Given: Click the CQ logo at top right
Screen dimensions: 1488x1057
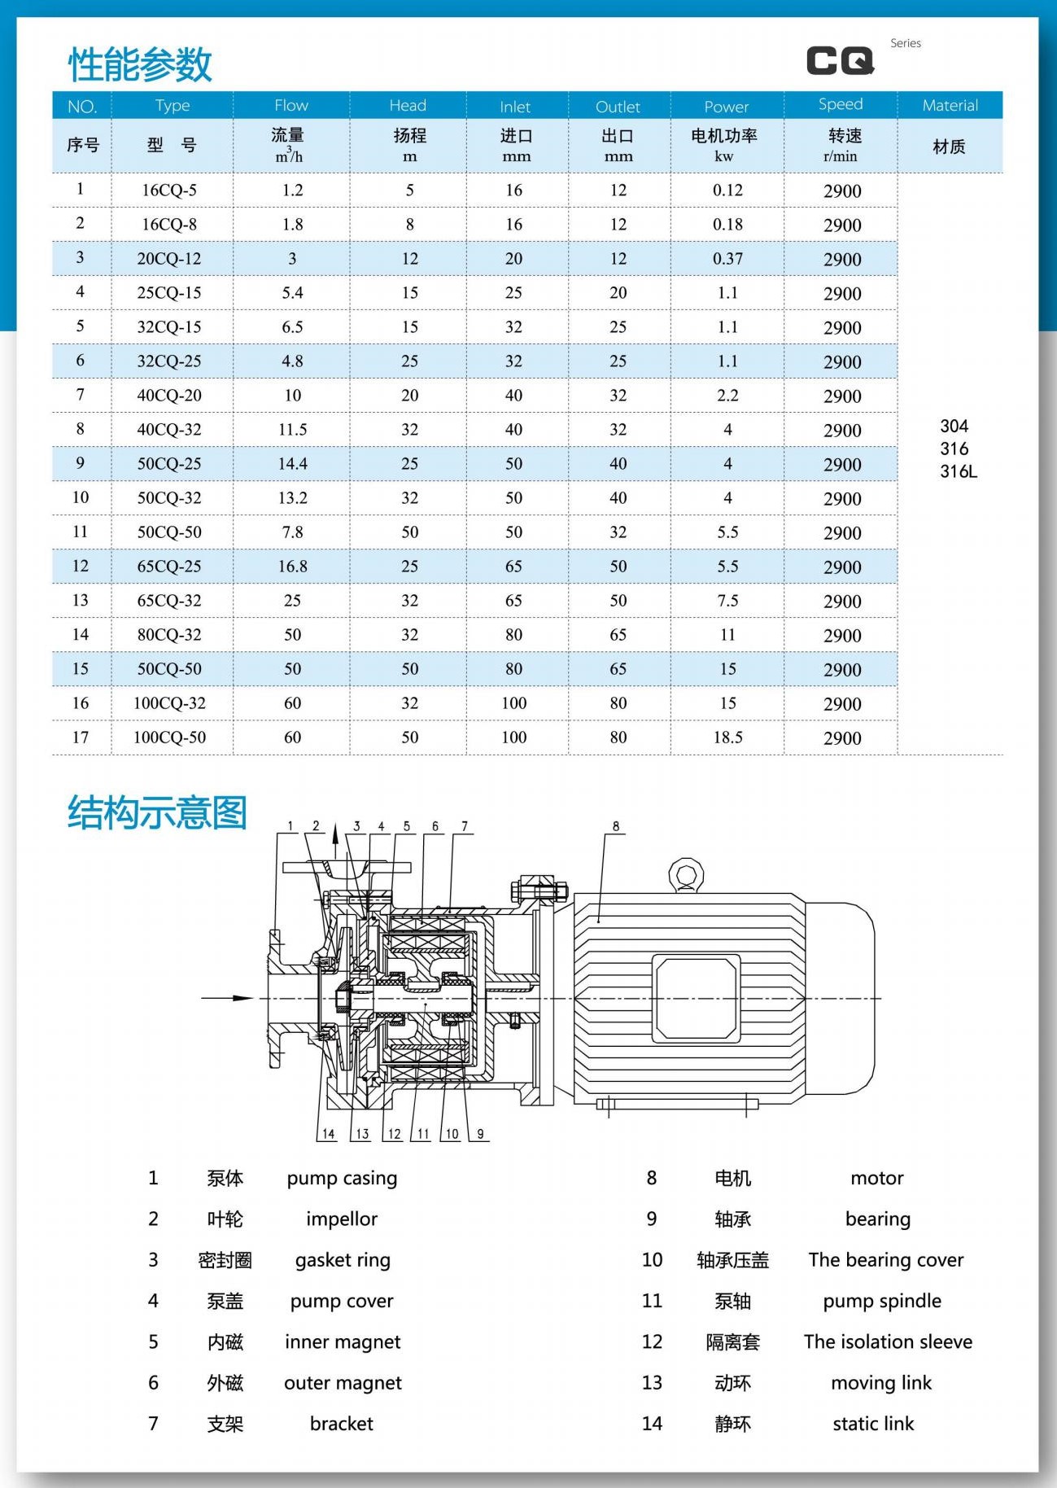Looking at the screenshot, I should [x=841, y=60].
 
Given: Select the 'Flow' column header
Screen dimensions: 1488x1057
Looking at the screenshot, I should [x=291, y=105].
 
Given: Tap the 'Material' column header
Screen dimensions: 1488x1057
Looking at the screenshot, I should [x=950, y=105].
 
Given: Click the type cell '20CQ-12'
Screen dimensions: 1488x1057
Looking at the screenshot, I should [x=168, y=259].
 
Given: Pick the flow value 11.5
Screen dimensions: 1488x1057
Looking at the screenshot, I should [x=292, y=430].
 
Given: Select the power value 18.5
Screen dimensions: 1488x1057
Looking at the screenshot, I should [x=727, y=737].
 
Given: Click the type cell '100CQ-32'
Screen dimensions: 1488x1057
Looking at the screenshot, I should [x=169, y=703].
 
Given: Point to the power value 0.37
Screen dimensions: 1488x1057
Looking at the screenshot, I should [x=727, y=259].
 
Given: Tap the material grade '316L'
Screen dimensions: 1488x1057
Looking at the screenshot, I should [x=959, y=471].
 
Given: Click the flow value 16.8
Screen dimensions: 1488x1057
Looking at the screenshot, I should [x=292, y=567].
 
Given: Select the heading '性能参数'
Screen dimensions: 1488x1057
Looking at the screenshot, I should [x=140, y=64].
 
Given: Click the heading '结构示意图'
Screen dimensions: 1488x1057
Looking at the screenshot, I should [x=157, y=812].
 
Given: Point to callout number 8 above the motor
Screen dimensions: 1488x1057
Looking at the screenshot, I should [x=616, y=826].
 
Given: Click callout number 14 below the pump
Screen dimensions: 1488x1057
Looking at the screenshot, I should [x=328, y=1134].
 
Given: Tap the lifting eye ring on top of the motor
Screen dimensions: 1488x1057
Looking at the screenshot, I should [x=686, y=874].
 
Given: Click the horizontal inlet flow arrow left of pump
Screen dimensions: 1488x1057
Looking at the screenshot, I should [x=228, y=998].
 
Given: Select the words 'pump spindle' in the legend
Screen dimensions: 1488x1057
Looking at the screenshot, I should [x=882, y=1301].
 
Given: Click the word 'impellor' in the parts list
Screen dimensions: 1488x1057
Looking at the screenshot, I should [x=342, y=1219].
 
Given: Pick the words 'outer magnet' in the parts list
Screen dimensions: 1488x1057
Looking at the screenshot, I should [x=343, y=1382].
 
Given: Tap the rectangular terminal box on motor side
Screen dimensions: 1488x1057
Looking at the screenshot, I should [x=696, y=998].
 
